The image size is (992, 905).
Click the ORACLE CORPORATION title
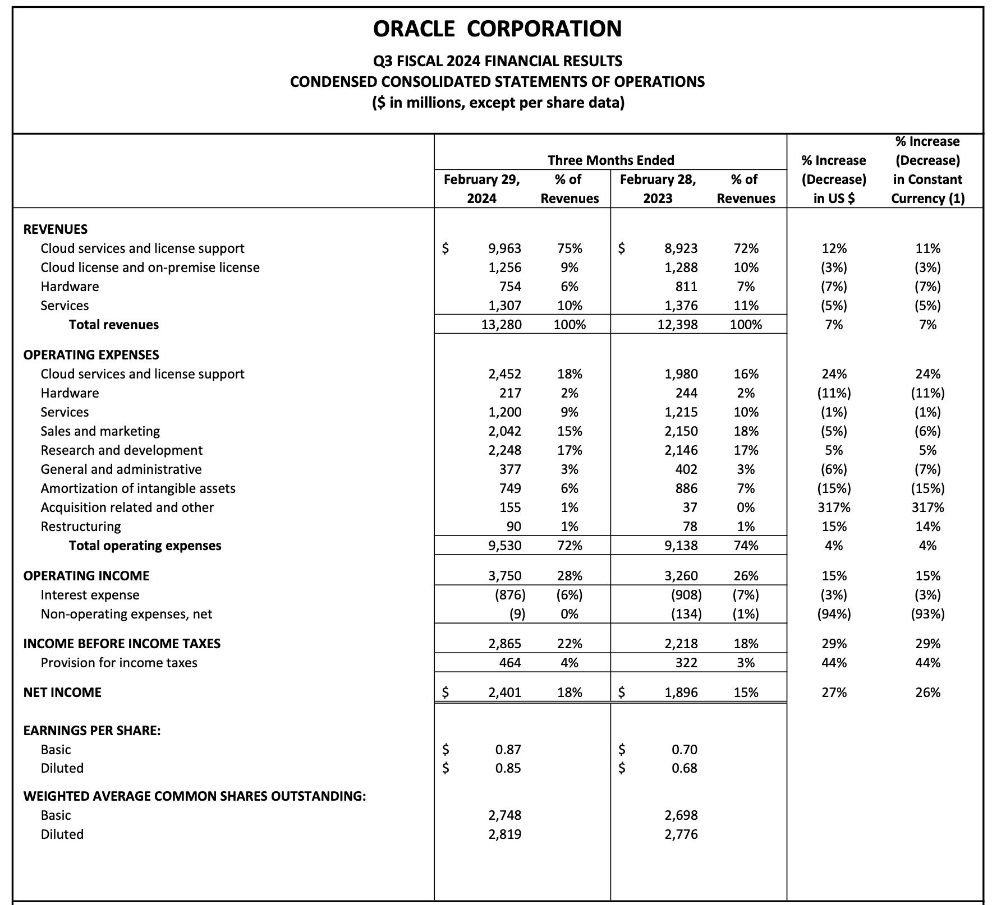pyautogui.click(x=497, y=29)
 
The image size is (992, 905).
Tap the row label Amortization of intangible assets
pyautogui.click(x=138, y=488)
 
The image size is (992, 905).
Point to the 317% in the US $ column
pyautogui.click(x=834, y=507)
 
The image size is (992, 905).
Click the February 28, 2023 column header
pyautogui.click(x=658, y=189)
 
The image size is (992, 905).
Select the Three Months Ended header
pyautogui.click(x=610, y=160)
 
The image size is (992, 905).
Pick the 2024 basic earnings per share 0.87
pyautogui.click(x=508, y=750)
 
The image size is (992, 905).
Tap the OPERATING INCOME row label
pyautogui.click(x=86, y=576)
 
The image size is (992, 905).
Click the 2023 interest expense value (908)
pyautogui.click(x=686, y=595)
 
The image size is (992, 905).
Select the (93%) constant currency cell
pyautogui.click(x=927, y=614)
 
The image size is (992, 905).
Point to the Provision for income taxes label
pyautogui.click(x=119, y=663)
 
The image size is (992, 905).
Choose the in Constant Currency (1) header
pyautogui.click(x=927, y=189)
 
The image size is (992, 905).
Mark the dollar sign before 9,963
pyautogui.click(x=446, y=248)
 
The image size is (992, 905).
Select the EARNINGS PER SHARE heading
pyautogui.click(x=92, y=731)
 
